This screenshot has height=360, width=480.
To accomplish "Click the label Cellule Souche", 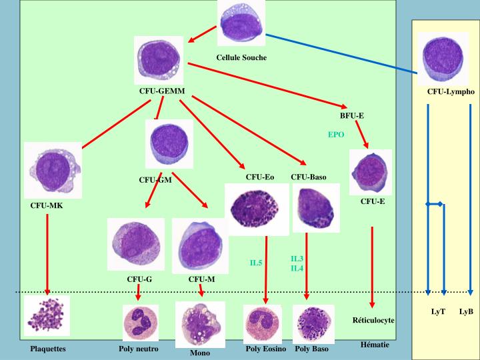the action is point(241,57).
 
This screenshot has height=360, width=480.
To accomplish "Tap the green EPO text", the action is point(336,135).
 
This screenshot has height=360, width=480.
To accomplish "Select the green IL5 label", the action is point(256,263).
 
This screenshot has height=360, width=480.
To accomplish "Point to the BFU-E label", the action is point(352,116).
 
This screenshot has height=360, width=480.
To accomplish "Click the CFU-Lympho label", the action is point(451,91).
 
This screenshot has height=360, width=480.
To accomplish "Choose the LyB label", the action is point(466,311).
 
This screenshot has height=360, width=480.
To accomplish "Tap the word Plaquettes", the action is point(48,349).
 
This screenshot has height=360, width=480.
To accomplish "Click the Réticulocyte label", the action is point(373,321).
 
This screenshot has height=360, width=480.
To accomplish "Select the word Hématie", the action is point(375,345).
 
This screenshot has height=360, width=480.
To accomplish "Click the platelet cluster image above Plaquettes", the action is point(47,315).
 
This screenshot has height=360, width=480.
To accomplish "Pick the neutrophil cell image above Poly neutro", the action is point(141,323).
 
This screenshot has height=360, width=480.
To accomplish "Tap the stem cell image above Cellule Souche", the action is point(241,23).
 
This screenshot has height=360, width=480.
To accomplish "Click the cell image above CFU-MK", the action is point(53,170).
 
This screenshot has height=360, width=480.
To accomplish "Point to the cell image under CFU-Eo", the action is point(257,209).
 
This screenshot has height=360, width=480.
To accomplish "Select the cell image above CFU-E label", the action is point(371,172).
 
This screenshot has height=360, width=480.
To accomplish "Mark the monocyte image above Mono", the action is point(200,325).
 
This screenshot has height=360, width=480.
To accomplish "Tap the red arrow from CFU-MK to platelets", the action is point(47,255).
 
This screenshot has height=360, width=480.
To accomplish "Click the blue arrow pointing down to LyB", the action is point(471,199).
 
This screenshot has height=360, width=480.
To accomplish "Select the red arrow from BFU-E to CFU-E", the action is point(362,134).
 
